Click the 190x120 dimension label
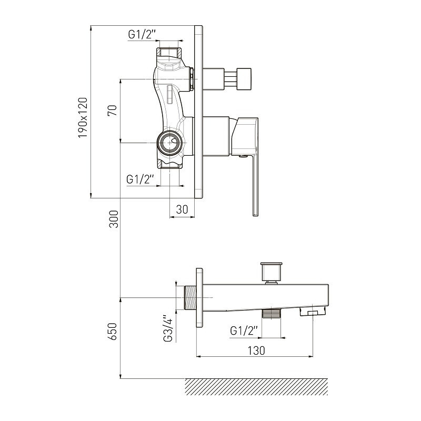(x=83, y=117)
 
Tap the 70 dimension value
(x=113, y=111)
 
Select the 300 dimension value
(x=114, y=219)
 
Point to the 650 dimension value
(x=114, y=332)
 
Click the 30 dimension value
(x=182, y=209)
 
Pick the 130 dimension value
(x=256, y=350)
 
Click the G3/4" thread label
(x=168, y=328)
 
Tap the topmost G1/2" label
(x=142, y=35)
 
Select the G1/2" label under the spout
(x=244, y=330)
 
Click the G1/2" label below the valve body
(x=140, y=179)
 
